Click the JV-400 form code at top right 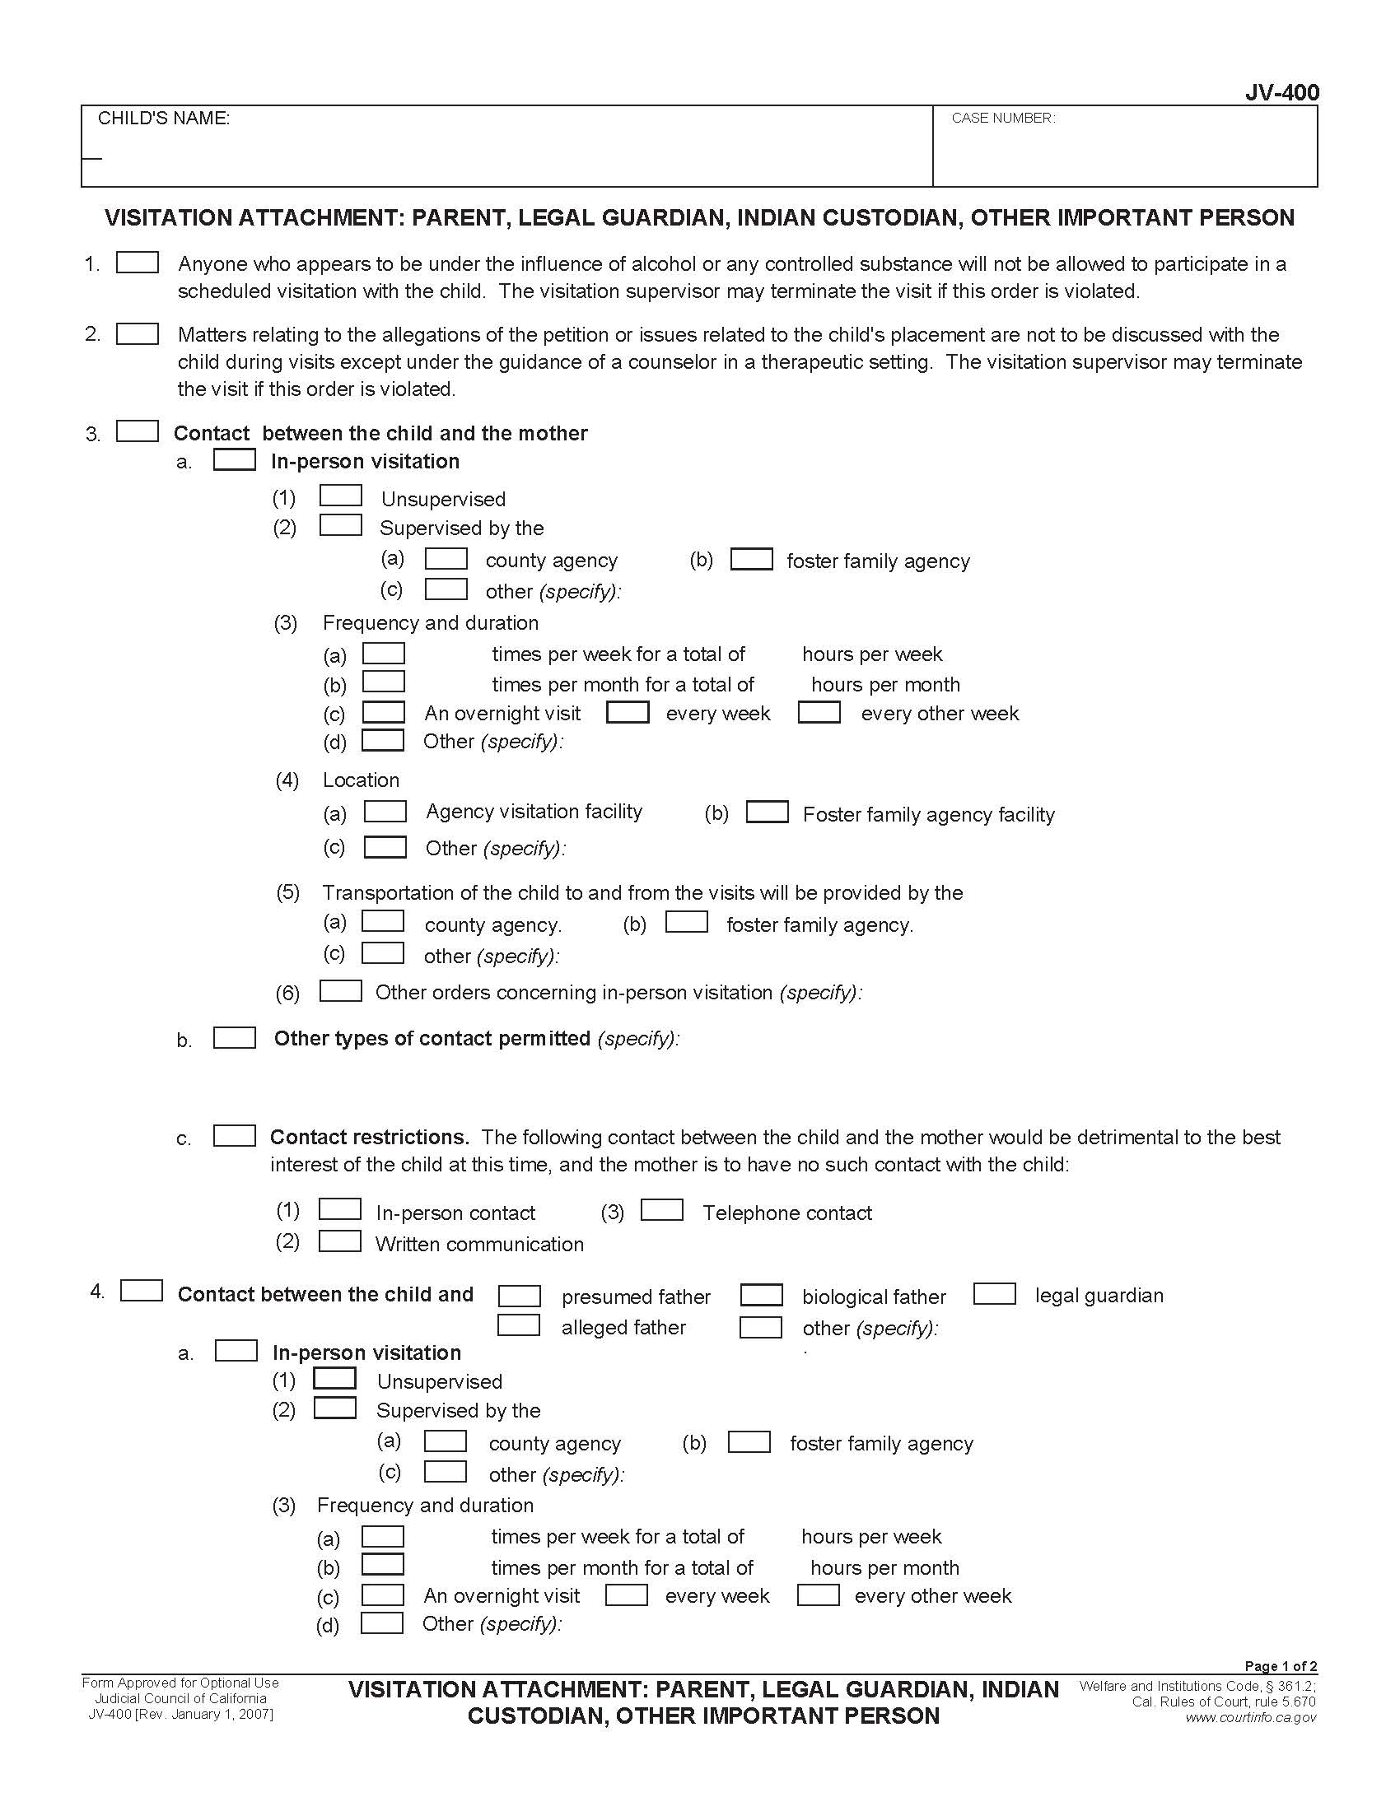tap(1281, 92)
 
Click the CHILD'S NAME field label tap(163, 119)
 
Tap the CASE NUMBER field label tap(1003, 119)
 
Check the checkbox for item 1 tap(138, 263)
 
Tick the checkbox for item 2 tap(138, 333)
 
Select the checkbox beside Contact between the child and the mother tap(138, 431)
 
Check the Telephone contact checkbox tap(662, 1210)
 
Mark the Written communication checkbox tap(340, 1241)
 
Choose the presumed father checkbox tap(519, 1295)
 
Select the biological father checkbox tap(762, 1294)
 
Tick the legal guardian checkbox tap(995, 1293)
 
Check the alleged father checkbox tap(519, 1325)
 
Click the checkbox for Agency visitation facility tap(385, 811)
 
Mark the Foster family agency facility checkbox tap(768, 812)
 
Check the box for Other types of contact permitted tap(235, 1037)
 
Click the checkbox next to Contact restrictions tap(235, 1135)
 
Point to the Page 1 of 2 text tap(1280, 1666)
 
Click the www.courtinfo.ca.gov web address tap(1251, 1717)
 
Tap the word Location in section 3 tap(361, 780)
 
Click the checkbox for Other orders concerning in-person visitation tap(341, 991)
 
